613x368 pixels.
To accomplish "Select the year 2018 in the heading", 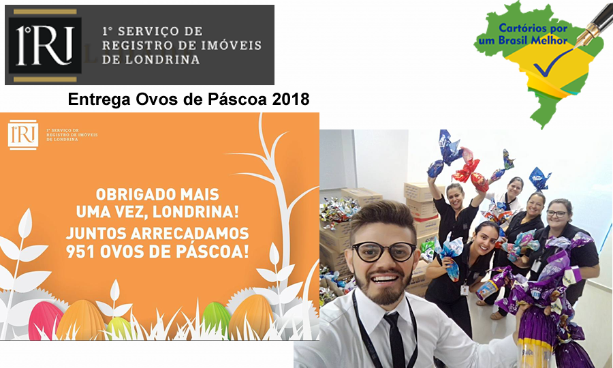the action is pyautogui.click(x=290, y=99).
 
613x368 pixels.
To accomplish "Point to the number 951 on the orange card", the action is pyautogui.click(x=81, y=251).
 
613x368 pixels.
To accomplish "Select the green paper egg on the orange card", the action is pyautogui.click(x=216, y=319).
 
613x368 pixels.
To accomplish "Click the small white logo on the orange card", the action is pyautogui.click(x=23, y=134).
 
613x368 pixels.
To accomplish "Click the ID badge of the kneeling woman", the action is pyautogui.click(x=465, y=290).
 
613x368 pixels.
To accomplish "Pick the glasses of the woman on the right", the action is pyautogui.click(x=556, y=213).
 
